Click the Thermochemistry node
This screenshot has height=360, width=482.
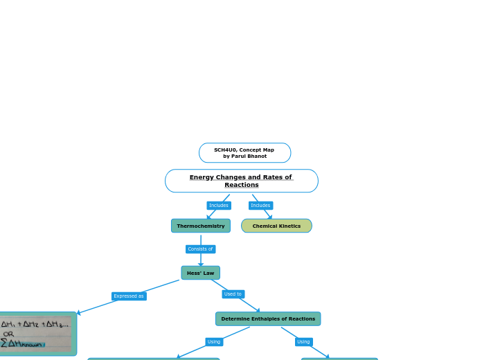tap(201, 226)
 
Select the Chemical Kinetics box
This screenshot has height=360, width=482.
tap(276, 226)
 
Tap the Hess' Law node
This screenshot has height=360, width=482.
tap(200, 273)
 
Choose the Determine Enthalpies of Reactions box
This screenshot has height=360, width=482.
tap(268, 318)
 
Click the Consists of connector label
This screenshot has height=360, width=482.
tap(200, 249)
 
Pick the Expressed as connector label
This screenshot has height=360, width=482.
tap(129, 296)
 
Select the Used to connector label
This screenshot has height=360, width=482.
tap(233, 294)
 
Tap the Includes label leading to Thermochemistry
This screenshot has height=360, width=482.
tap(219, 206)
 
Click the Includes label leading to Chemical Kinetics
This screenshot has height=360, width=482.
tap(260, 206)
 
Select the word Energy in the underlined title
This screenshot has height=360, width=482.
tap(204, 177)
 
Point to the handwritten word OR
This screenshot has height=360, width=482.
tap(8, 334)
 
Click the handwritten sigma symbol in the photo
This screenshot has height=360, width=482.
tap(4, 343)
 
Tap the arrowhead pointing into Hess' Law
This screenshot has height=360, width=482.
tap(201, 264)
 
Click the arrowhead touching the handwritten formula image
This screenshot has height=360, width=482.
tap(79, 313)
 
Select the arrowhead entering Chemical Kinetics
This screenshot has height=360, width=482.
tap(270, 217)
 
